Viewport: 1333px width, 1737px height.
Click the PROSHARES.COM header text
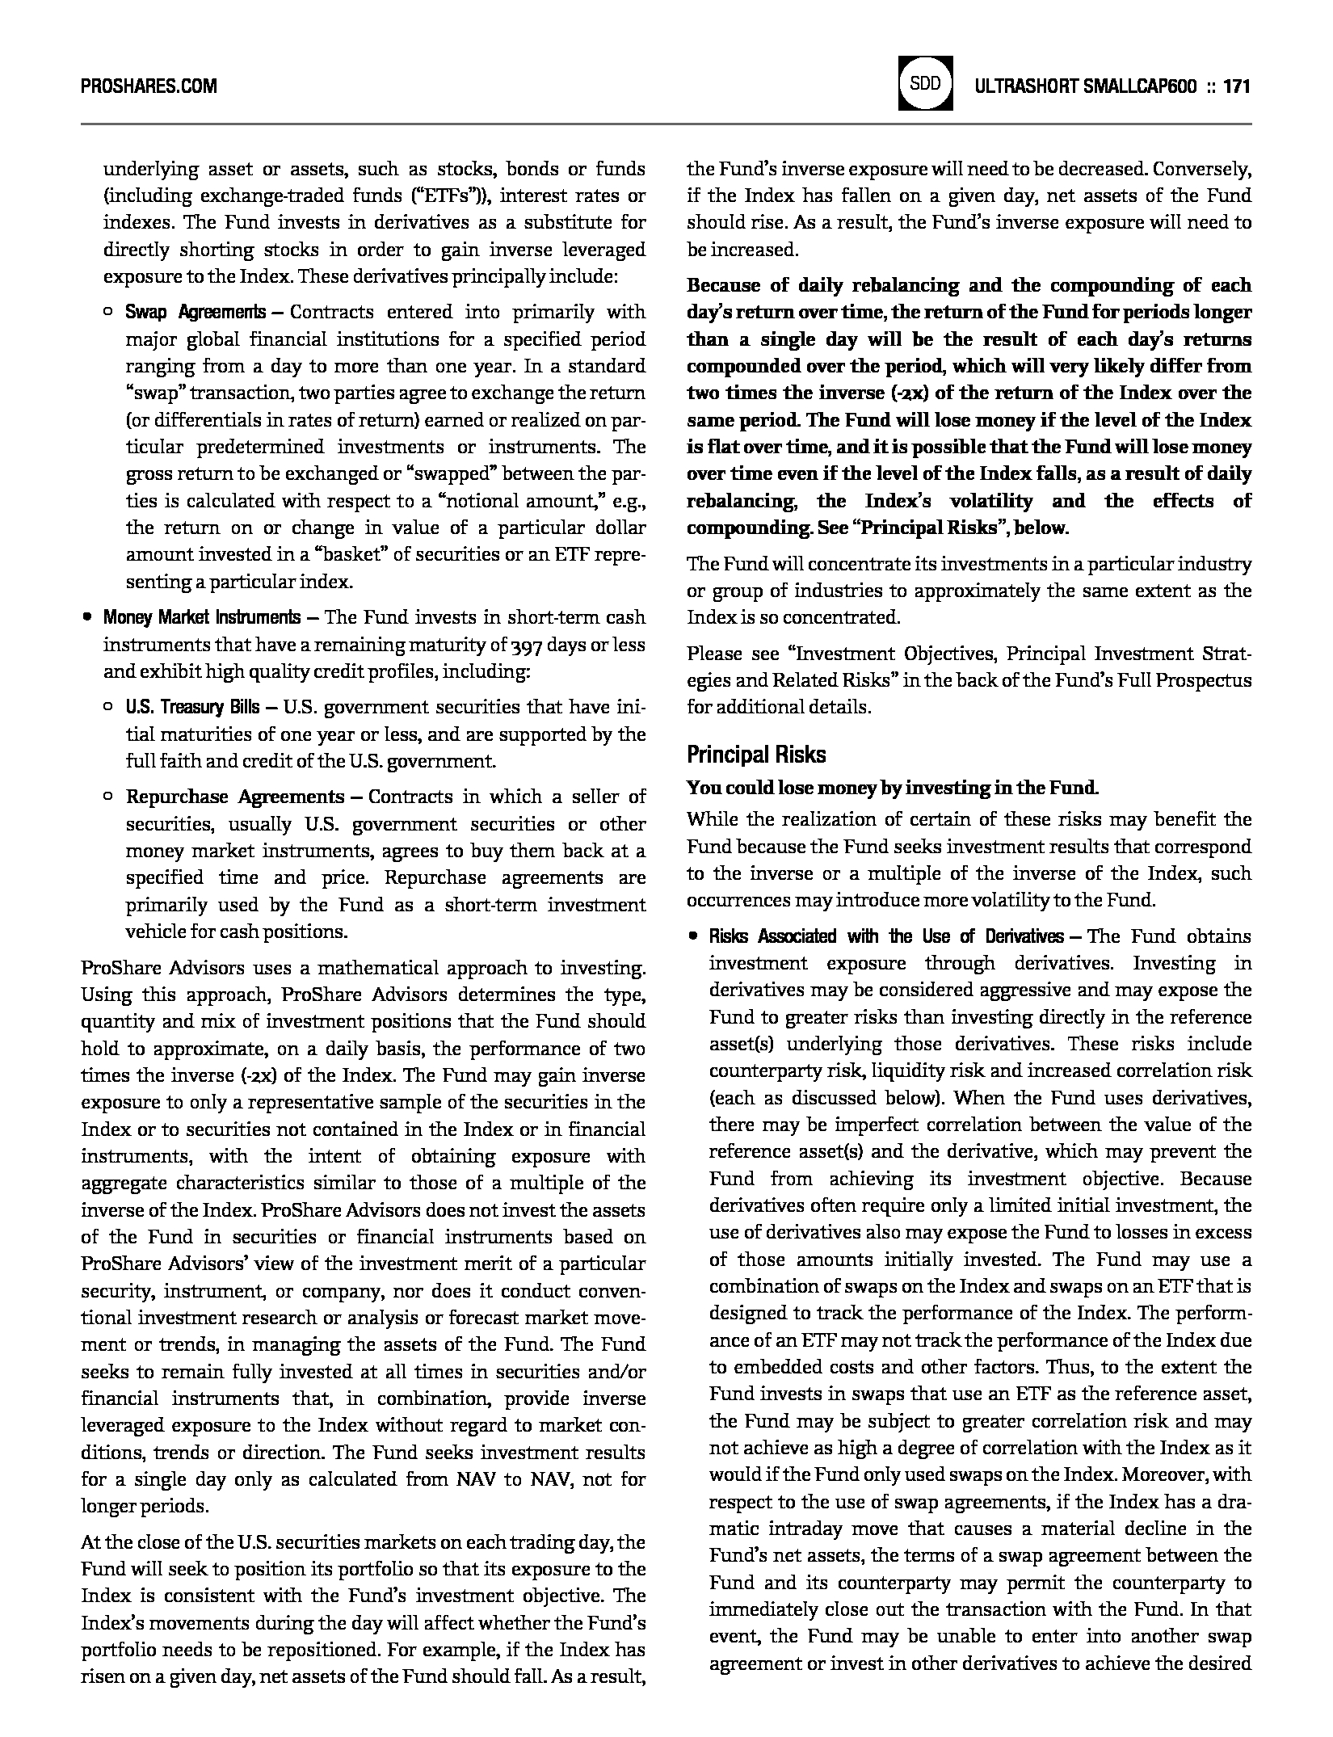(149, 86)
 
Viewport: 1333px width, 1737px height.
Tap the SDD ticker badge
(925, 83)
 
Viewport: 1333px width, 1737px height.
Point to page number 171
(1237, 86)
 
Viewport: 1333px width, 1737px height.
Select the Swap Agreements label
(196, 313)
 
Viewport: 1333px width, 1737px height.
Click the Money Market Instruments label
(201, 618)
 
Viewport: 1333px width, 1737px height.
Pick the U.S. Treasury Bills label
(192, 708)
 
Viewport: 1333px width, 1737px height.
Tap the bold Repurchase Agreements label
(235, 797)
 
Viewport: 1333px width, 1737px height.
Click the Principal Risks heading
(756, 755)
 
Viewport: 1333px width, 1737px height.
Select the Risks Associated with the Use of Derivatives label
(885, 937)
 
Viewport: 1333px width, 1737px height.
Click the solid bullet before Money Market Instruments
(86, 618)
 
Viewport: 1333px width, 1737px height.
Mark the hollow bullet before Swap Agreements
(108, 313)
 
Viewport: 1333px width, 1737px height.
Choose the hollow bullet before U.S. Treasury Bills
(108, 708)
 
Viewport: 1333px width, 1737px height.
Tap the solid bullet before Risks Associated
(692, 937)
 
